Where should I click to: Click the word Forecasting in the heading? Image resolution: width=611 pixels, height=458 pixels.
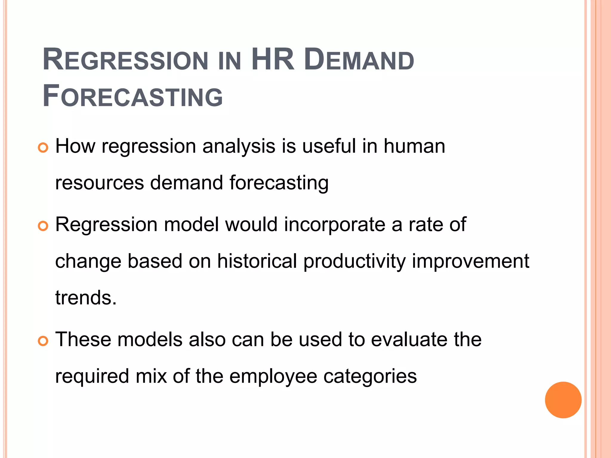pyautogui.click(x=133, y=96)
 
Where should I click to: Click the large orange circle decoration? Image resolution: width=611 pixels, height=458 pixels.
pyautogui.click(x=563, y=400)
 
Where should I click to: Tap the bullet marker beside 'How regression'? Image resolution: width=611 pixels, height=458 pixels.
pyautogui.click(x=43, y=148)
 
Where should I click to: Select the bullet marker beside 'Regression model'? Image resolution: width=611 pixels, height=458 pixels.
pyautogui.click(x=43, y=226)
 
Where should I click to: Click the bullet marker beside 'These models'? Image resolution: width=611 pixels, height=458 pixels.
pyautogui.click(x=43, y=341)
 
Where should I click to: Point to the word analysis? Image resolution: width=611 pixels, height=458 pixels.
pyautogui.click(x=239, y=147)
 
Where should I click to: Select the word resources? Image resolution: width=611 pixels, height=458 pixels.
pyautogui.click(x=99, y=183)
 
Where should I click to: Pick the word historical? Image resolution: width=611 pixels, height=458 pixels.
pyautogui.click(x=257, y=261)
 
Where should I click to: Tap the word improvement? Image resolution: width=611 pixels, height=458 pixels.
pyautogui.click(x=470, y=261)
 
